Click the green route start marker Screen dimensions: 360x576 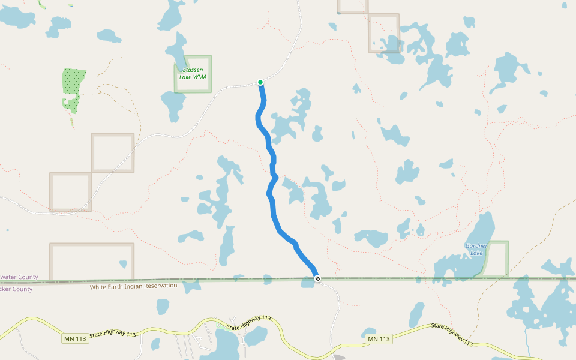260,82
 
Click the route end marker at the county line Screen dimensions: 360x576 317,278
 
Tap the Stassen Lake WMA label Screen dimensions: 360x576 193,73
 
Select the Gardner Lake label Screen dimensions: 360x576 476,249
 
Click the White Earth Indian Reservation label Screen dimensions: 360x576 133,286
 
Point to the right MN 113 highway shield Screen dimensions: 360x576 379,339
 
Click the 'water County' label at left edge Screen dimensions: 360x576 19,277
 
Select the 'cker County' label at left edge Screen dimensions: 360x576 16,289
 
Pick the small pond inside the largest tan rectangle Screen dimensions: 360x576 123,264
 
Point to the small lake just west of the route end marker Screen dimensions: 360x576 307,282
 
